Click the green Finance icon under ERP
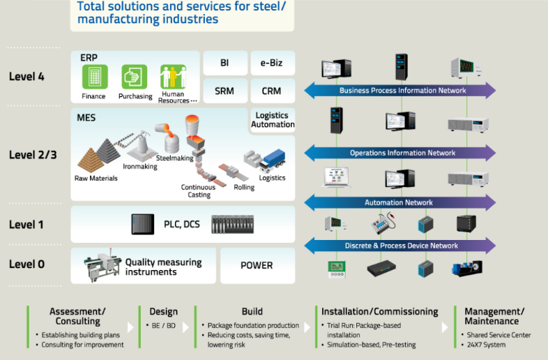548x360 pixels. point(93,76)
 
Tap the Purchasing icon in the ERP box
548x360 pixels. point(134,76)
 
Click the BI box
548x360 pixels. point(224,63)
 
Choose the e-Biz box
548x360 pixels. point(272,63)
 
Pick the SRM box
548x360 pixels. point(224,91)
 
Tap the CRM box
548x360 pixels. point(272,91)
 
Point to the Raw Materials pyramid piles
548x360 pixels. point(97,155)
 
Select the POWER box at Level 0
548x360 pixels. point(257,265)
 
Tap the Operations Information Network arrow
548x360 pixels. point(402,153)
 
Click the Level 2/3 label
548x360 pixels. point(33,154)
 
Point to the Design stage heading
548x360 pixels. point(163,312)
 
